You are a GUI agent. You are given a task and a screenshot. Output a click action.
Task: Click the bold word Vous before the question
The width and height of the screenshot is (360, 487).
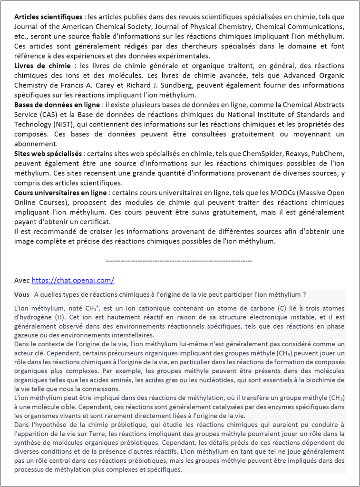22,294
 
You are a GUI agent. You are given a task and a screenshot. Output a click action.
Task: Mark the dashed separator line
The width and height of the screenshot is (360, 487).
179,261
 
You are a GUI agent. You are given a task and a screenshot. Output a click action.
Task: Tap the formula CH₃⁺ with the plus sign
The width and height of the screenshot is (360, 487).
89,309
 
